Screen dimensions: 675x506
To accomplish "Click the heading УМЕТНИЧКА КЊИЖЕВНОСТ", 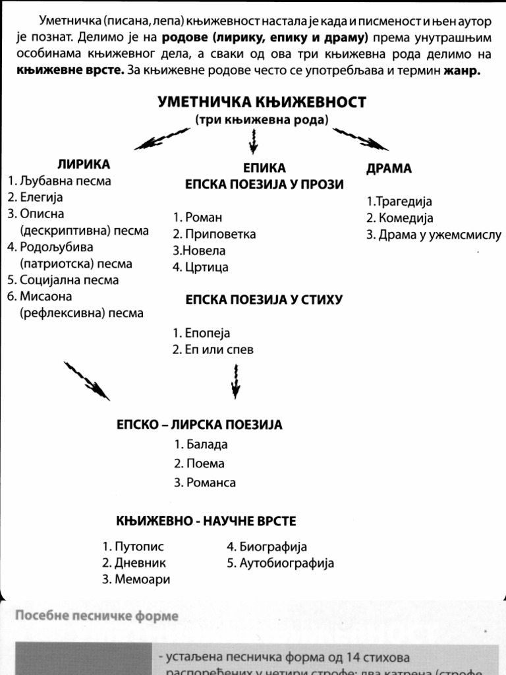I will pos(262,102).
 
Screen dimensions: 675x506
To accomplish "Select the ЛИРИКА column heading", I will pos(84,163).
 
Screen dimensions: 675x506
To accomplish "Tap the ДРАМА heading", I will pos(389,168).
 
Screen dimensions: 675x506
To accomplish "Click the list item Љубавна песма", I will pos(59,180).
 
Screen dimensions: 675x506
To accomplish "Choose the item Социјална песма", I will pos(63,279).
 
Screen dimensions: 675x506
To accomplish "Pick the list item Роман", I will pos(198,218).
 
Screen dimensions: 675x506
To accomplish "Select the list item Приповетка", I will pos(214,234).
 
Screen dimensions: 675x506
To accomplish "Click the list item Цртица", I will pos(200,267).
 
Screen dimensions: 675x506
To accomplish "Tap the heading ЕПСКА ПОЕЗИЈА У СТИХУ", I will pos(264,300).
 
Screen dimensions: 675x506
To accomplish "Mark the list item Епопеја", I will pos(202,333).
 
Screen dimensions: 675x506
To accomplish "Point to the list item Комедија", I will pos(400,218).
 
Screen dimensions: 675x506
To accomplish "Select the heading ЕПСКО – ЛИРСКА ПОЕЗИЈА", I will pos(200,425).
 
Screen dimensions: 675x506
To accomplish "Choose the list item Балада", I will pos(201,444).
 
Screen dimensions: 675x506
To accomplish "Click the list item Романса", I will pos(205,483).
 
